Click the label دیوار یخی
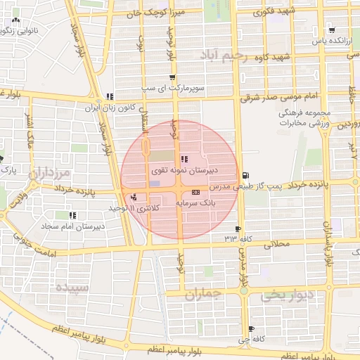(281, 295)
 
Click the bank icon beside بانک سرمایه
(195, 192)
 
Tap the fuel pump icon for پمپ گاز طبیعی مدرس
(245, 175)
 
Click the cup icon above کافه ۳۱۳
(237, 229)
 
